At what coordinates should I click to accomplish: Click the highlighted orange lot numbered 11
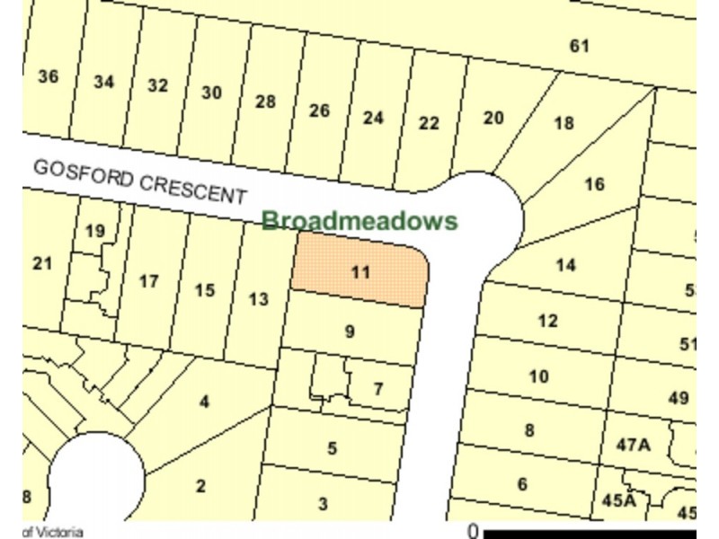click(x=359, y=271)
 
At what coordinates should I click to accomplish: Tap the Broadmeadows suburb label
click(x=359, y=221)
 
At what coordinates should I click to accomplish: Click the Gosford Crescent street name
click(x=139, y=181)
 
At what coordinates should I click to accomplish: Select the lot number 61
click(x=580, y=45)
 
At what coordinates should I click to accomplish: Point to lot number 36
click(x=49, y=76)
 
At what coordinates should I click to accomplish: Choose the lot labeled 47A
click(x=633, y=444)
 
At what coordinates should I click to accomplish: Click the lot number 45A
click(x=618, y=500)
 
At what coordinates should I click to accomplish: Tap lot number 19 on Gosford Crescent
click(x=95, y=232)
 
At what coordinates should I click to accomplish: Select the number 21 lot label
click(x=42, y=263)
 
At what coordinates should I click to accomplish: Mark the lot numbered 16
click(x=594, y=184)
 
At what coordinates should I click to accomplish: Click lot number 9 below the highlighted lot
click(x=350, y=331)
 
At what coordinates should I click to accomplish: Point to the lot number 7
click(x=377, y=389)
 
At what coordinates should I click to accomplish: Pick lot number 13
click(x=259, y=299)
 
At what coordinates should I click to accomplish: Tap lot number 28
click(x=265, y=102)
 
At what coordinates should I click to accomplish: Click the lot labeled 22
click(x=429, y=122)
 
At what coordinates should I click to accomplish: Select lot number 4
click(x=204, y=402)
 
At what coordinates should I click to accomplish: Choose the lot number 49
click(x=679, y=398)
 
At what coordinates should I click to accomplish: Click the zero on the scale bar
click(x=473, y=531)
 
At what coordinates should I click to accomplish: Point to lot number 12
click(x=547, y=321)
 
